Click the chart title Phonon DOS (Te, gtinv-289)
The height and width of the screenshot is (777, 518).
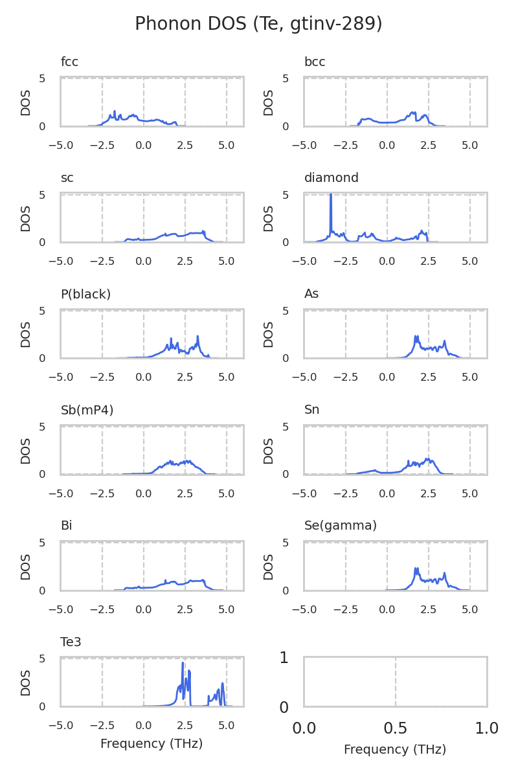(258, 24)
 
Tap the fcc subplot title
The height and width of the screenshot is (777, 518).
(69, 62)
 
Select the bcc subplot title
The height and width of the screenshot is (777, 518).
(315, 62)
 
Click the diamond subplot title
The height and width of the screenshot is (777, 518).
(331, 178)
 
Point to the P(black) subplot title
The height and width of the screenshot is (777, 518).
(85, 294)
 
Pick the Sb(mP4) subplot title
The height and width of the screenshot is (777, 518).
(87, 410)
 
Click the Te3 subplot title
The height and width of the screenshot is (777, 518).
(71, 642)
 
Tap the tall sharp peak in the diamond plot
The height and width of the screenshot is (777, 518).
(331, 195)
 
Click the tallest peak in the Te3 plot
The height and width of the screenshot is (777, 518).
(183, 663)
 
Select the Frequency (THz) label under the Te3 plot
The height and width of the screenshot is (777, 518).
(152, 744)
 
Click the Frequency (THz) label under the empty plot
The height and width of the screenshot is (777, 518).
(395, 750)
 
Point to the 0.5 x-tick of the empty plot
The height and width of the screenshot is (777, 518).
(396, 728)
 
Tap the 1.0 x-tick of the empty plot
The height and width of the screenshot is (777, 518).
(487, 728)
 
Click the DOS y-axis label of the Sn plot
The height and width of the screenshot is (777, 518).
(269, 451)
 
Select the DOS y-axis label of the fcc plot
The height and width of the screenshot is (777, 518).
(26, 102)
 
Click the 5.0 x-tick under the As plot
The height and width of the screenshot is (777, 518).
(470, 377)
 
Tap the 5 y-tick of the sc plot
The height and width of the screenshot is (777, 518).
(42, 195)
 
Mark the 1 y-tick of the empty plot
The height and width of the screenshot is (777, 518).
(284, 658)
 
